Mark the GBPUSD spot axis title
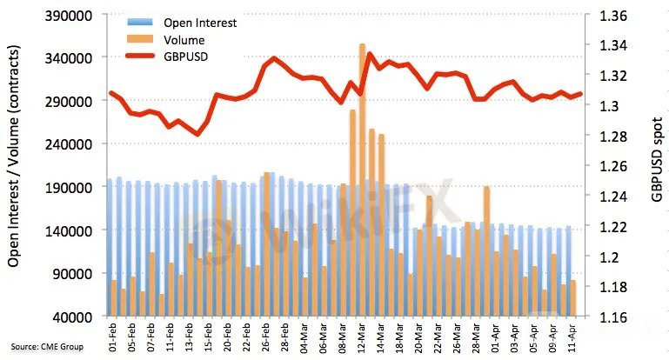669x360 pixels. pos(657,166)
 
